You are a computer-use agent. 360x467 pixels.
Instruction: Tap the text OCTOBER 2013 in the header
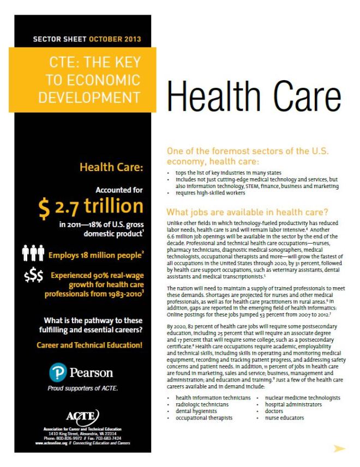point(115,39)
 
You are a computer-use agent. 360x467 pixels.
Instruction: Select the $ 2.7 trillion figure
point(91,207)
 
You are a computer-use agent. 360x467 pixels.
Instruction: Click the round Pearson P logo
point(57,373)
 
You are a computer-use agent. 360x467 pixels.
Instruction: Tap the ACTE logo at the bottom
point(82,415)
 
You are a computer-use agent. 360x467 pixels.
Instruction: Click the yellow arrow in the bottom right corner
point(339,448)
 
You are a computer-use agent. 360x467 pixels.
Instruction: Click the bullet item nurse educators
point(284,418)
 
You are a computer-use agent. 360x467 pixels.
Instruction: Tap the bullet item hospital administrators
point(293,405)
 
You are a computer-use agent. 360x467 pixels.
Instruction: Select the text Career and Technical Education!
point(89,345)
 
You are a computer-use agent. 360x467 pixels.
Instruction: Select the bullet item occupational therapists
point(204,418)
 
